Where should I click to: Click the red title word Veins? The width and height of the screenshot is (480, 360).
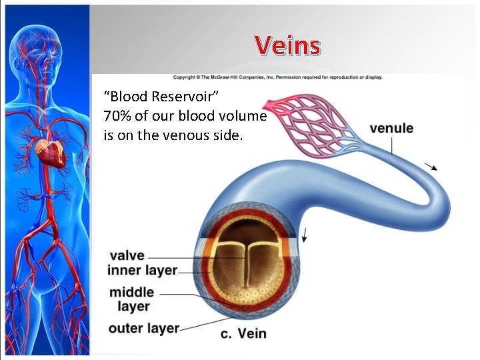287,46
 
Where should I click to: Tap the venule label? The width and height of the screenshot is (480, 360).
391,128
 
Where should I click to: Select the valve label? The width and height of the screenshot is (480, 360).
127,256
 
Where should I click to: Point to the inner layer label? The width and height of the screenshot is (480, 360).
142,270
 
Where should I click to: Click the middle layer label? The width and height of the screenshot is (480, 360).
131,299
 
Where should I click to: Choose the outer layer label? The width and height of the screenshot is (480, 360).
143,328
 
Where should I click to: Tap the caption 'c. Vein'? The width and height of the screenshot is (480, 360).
243,333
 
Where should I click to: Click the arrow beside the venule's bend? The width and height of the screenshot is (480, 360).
431,167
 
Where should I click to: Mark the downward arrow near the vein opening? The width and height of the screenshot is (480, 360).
305,234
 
